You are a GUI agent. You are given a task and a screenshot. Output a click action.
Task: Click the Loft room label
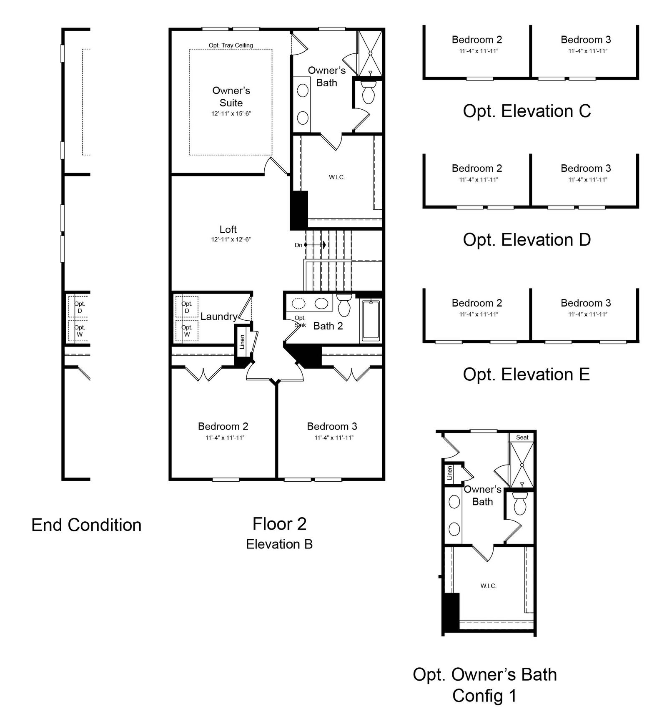click(228, 229)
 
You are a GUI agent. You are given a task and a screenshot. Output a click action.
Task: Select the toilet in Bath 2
click(344, 305)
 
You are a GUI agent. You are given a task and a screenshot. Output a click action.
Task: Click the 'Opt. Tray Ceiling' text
click(231, 45)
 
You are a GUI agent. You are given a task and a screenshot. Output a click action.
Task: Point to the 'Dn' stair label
click(298, 245)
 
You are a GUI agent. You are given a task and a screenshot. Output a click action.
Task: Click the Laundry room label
click(219, 317)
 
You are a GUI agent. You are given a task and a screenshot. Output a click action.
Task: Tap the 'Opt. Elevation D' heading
click(527, 240)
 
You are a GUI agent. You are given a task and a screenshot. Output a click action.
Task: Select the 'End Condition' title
click(87, 525)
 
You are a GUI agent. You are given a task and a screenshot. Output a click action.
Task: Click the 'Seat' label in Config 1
click(522, 437)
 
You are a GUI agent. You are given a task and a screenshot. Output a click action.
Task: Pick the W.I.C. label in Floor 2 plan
click(337, 177)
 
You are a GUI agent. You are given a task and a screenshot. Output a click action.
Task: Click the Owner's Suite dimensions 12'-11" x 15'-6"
click(231, 113)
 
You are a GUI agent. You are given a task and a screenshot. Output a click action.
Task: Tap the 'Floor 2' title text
click(279, 524)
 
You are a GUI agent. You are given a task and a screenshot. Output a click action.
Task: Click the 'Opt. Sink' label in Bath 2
click(300, 322)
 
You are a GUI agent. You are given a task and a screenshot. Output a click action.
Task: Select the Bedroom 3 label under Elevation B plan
click(332, 426)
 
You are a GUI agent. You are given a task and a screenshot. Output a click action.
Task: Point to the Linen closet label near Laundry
click(242, 342)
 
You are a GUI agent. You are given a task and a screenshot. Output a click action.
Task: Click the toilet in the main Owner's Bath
click(369, 92)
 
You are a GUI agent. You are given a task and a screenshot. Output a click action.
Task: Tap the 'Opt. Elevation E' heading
click(527, 375)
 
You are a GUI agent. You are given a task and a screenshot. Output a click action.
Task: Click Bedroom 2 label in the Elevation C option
click(477, 40)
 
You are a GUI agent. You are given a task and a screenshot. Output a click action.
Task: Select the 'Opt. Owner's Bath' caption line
click(485, 675)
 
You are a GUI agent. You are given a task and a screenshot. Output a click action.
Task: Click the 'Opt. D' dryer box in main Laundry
click(187, 307)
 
